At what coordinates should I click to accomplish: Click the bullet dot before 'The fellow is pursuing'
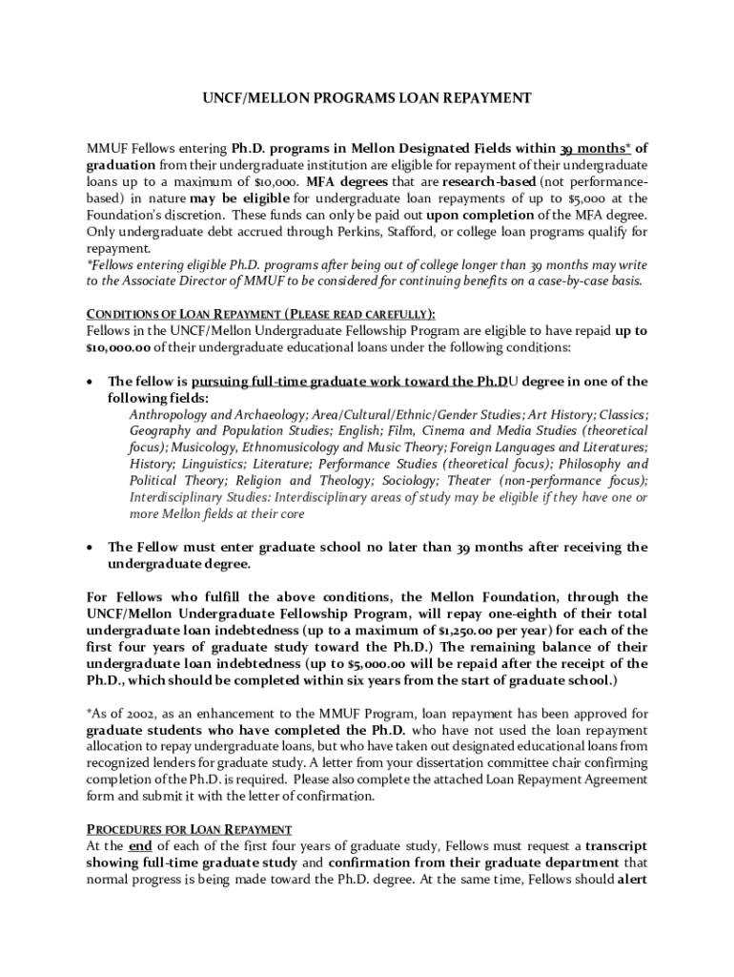coord(90,382)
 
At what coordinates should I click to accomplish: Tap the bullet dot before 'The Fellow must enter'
coord(90,548)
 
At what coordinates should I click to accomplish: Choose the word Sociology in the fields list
coord(487,480)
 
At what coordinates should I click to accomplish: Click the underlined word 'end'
coord(140,846)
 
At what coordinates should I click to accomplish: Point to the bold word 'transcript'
coord(616,846)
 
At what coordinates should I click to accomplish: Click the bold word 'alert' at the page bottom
coord(632,879)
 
